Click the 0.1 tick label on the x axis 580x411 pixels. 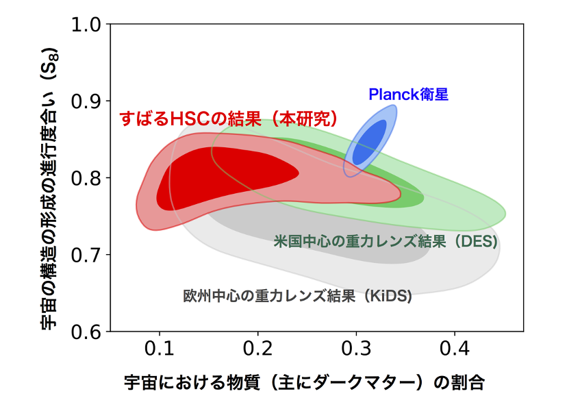(x=160, y=348)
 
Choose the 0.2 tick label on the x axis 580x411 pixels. (x=258, y=348)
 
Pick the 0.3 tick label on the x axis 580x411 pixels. (x=356, y=348)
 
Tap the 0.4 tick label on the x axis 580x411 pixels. (x=455, y=348)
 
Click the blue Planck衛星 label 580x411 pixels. (x=408, y=95)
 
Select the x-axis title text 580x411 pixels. (x=304, y=382)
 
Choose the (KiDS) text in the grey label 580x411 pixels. (x=388, y=296)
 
